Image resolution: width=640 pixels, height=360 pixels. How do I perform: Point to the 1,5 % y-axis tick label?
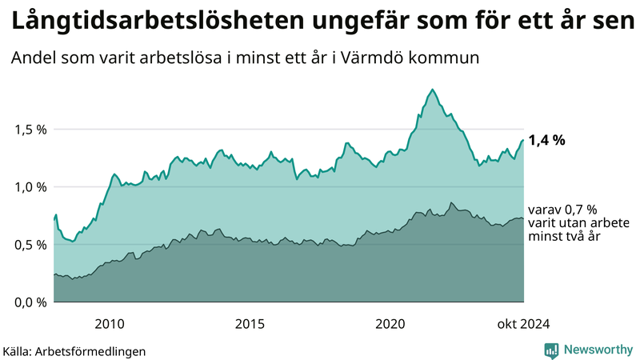(31, 130)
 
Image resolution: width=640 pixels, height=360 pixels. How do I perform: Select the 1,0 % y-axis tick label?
(31, 187)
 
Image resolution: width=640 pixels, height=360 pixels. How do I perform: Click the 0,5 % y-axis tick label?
(31, 245)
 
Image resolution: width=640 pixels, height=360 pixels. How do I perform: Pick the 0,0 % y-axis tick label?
(31, 302)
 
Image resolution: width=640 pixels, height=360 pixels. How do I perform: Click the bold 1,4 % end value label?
(547, 140)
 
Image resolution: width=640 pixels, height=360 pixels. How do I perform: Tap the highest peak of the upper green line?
(432, 90)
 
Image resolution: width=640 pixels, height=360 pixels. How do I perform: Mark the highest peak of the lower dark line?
(451, 203)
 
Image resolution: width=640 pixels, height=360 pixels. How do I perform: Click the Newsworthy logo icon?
(552, 350)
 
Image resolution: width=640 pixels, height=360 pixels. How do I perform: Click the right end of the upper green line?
(523, 141)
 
